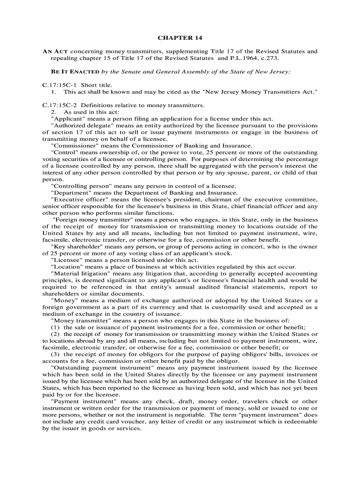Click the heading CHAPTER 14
click(180, 37)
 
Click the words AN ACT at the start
click(54, 51)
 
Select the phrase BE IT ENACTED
click(75, 72)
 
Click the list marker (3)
click(55, 354)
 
